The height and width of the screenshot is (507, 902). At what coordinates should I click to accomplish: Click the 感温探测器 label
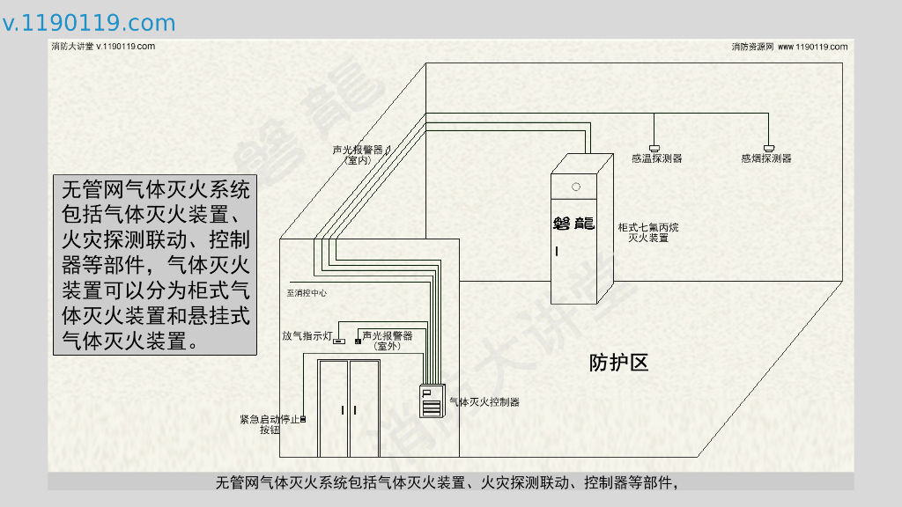656,158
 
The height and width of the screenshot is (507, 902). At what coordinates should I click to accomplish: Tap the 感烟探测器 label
765,158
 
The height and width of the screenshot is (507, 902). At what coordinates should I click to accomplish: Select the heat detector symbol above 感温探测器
654,147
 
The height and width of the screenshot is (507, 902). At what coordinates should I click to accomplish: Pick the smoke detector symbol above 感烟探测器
769,147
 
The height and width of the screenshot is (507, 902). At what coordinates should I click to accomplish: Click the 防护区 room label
618,362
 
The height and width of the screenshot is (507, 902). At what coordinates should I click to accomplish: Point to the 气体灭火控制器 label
484,402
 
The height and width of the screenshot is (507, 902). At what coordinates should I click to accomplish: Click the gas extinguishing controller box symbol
431,401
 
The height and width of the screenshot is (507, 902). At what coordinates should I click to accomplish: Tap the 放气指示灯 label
306,336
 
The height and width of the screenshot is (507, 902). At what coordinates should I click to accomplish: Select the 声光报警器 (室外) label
388,341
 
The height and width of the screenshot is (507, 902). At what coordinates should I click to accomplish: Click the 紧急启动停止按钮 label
270,424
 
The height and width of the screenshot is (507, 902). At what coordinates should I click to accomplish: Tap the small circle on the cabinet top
576,187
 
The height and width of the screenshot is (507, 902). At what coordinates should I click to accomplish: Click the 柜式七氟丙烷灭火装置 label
648,232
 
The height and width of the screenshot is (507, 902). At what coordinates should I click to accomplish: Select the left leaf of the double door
334,409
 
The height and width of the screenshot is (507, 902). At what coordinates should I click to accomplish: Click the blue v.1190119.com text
89,24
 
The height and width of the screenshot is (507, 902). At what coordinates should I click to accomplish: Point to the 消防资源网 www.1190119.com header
789,47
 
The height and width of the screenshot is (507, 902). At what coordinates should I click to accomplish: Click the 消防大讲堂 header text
103,47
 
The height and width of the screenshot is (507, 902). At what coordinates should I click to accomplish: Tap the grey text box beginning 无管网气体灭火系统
155,264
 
